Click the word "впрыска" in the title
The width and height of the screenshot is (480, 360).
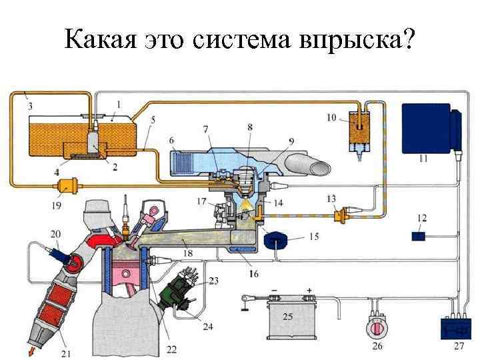point(347,41)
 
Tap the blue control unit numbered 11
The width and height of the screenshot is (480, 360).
point(430,129)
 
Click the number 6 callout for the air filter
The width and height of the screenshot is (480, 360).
point(171,141)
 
